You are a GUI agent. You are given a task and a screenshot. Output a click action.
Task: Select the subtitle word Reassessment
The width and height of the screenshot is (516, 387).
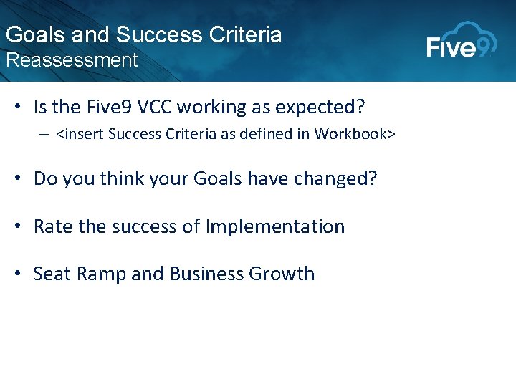tap(71, 60)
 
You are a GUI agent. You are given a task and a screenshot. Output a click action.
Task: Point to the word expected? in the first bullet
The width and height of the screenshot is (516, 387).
tap(322, 107)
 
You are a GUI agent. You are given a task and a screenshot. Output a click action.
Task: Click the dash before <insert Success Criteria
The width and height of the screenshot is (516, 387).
tap(44, 134)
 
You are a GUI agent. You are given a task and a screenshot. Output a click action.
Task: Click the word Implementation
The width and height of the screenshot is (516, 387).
tap(274, 226)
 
